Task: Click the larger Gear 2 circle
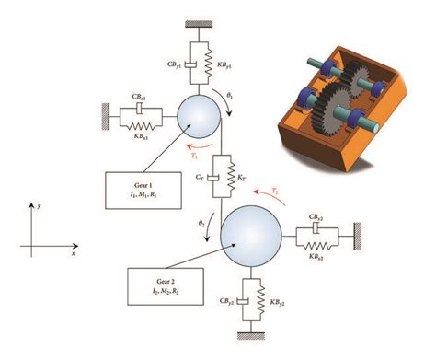click(251, 236)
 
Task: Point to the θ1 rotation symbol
click(232, 95)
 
